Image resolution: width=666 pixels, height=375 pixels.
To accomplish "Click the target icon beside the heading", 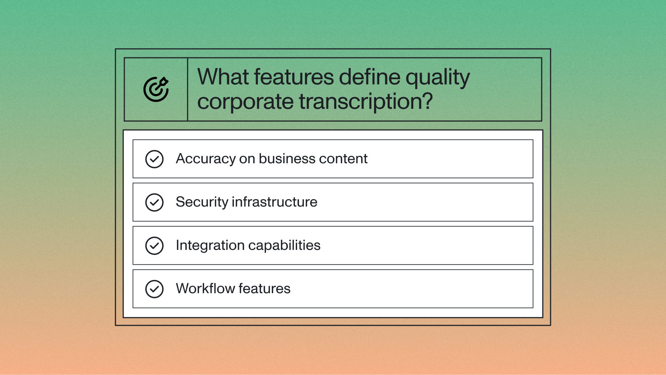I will click(x=156, y=89).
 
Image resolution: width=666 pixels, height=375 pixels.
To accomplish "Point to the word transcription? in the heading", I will click(x=366, y=102).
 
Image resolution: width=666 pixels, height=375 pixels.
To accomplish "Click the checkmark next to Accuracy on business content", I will click(x=154, y=159).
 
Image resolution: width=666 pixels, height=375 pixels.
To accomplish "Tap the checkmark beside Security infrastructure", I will click(x=154, y=202).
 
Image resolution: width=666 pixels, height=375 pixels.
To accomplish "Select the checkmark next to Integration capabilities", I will click(x=154, y=246).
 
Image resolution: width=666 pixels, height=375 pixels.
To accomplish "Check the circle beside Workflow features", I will click(x=154, y=289).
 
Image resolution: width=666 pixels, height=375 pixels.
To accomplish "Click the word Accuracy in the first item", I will click(x=206, y=159).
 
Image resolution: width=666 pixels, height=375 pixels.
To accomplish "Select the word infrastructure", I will click(x=275, y=202).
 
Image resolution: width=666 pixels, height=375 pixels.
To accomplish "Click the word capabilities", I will click(x=284, y=245).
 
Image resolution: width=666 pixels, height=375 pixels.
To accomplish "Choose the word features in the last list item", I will click(x=265, y=289).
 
